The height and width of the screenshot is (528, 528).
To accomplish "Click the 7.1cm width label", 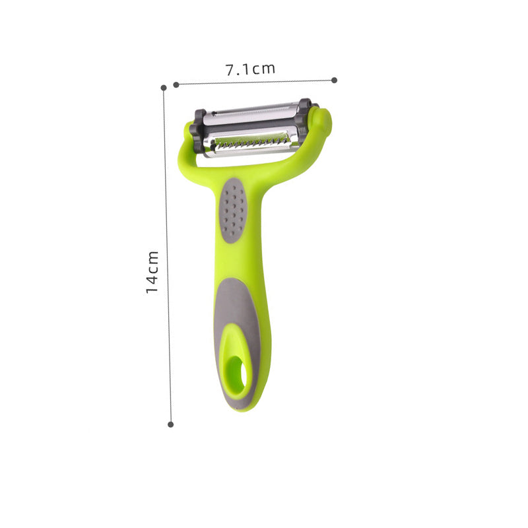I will coord(250,68).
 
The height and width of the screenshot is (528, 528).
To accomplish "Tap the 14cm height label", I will coord(152,271).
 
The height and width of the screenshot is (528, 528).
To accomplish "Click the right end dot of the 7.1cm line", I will coord(335,80).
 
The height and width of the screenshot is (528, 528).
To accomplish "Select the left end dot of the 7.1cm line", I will coord(176,84).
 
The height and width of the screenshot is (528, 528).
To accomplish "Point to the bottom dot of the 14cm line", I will coord(171,424).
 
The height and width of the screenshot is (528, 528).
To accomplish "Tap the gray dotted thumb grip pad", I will coord(232,211).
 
